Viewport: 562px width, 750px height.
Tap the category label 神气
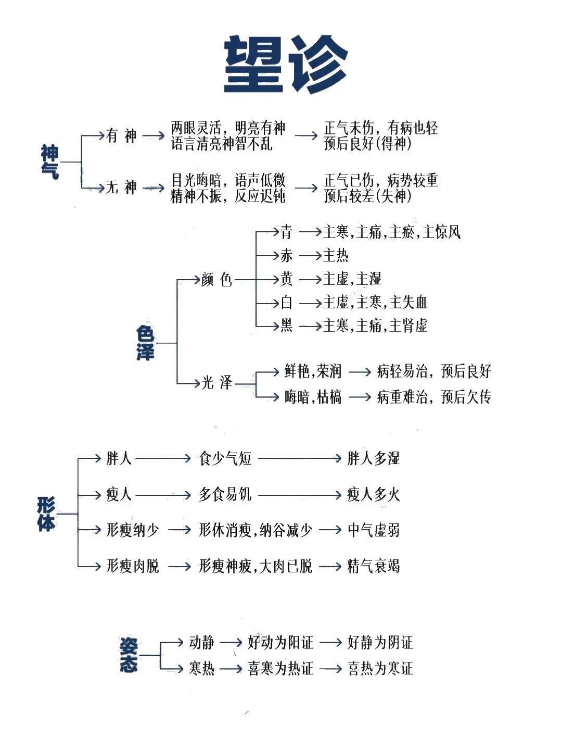coord(50,162)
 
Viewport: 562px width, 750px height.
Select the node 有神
coord(121,136)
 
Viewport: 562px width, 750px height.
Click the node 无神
coord(121,187)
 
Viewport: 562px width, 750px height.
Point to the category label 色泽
coord(145,343)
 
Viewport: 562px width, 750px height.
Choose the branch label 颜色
coord(216,280)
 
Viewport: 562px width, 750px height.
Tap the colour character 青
coord(287,232)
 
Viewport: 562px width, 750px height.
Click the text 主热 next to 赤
coord(336,255)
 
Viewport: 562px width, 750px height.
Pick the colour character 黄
coord(287,279)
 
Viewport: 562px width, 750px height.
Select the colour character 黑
coord(287,326)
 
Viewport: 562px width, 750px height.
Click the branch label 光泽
coord(216,383)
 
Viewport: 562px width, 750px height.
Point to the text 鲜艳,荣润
coord(313,371)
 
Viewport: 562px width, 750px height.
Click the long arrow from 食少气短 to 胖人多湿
coord(299,459)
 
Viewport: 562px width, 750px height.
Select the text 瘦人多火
coord(374,494)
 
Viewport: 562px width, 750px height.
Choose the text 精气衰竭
coord(374,566)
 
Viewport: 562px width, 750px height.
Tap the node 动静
coord(202,643)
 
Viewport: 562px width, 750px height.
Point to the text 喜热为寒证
coord(380,668)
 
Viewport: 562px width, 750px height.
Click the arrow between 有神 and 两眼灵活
coord(154,136)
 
